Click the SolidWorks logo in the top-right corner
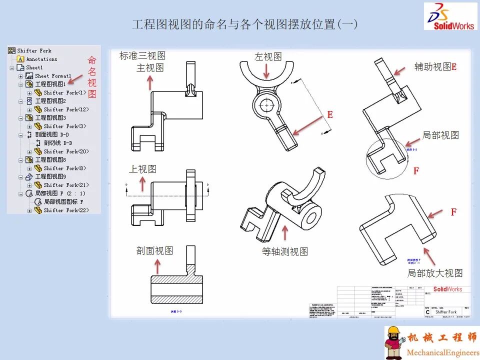(x=450, y=16)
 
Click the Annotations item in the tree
(x=41, y=59)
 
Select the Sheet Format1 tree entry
(x=53, y=76)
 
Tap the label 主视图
(x=150, y=68)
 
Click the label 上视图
(x=142, y=169)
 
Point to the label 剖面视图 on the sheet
(x=155, y=251)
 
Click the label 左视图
(x=268, y=57)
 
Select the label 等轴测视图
(x=285, y=251)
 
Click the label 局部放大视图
(x=435, y=273)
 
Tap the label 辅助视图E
(x=435, y=66)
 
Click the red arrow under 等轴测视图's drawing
(x=285, y=233)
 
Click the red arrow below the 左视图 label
(x=266, y=71)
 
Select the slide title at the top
(x=244, y=24)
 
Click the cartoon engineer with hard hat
(x=393, y=343)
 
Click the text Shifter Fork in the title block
(x=446, y=311)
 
